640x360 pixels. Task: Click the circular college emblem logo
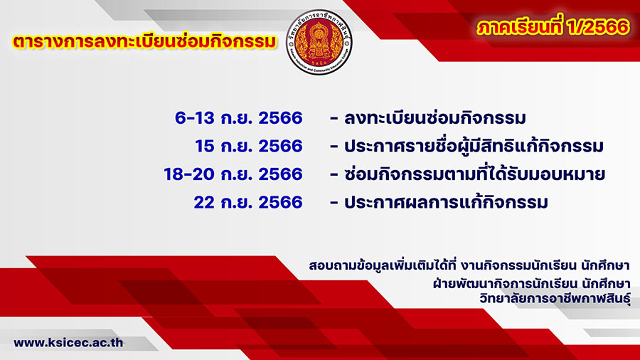pos(319,42)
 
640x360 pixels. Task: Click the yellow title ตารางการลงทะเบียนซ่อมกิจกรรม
pos(144,42)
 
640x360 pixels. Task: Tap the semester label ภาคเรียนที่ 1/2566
pos(553,27)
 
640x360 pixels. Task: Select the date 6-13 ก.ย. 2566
pos(239,118)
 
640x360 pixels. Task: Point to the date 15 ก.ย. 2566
pos(249,146)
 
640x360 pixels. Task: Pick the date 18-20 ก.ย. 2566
pos(233,174)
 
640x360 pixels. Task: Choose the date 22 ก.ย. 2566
pos(248,203)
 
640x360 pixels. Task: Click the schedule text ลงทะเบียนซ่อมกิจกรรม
pos(434,118)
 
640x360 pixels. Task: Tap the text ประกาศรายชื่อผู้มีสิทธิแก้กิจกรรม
pos(474,146)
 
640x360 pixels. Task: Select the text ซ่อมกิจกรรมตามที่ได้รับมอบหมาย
pos(474,174)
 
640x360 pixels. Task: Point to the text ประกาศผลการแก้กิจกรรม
pos(446,203)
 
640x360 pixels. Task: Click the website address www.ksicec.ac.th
pos(68,342)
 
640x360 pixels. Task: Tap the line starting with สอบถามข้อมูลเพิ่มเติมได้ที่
pos(469,265)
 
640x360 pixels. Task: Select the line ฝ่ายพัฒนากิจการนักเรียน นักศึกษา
pos(531,283)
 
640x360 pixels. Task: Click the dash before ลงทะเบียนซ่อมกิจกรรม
pos(334,119)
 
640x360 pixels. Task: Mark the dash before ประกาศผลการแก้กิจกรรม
pos(334,203)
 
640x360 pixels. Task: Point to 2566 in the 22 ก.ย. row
pos(280,203)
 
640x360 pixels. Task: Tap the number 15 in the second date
pos(205,146)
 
